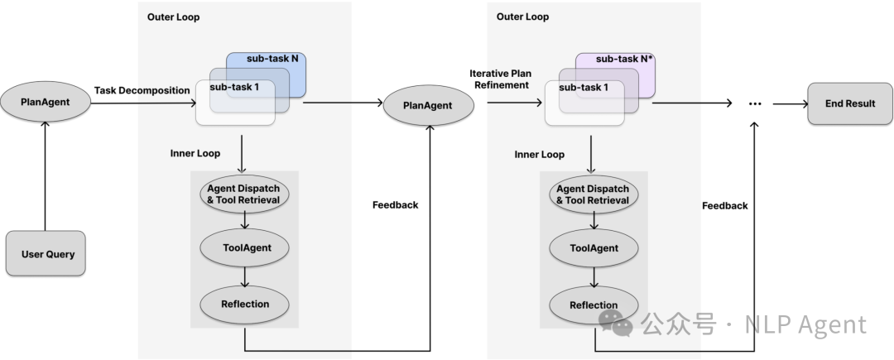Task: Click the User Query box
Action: pos(47,253)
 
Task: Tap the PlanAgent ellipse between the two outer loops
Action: pos(427,105)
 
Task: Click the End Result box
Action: pos(850,103)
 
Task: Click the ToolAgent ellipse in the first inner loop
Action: pos(246,247)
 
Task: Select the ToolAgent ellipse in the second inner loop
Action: pos(594,247)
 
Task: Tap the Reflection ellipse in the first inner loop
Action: pos(246,304)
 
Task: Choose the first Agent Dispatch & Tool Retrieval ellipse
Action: pos(245,194)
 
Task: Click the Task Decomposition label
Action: pos(142,90)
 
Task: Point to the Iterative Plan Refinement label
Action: pos(500,79)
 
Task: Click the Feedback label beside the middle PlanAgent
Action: pos(395,204)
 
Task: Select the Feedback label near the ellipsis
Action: pos(724,205)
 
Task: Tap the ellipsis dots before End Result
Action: pos(754,104)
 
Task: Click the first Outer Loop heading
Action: pos(173,17)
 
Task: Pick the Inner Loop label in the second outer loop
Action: pos(539,154)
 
